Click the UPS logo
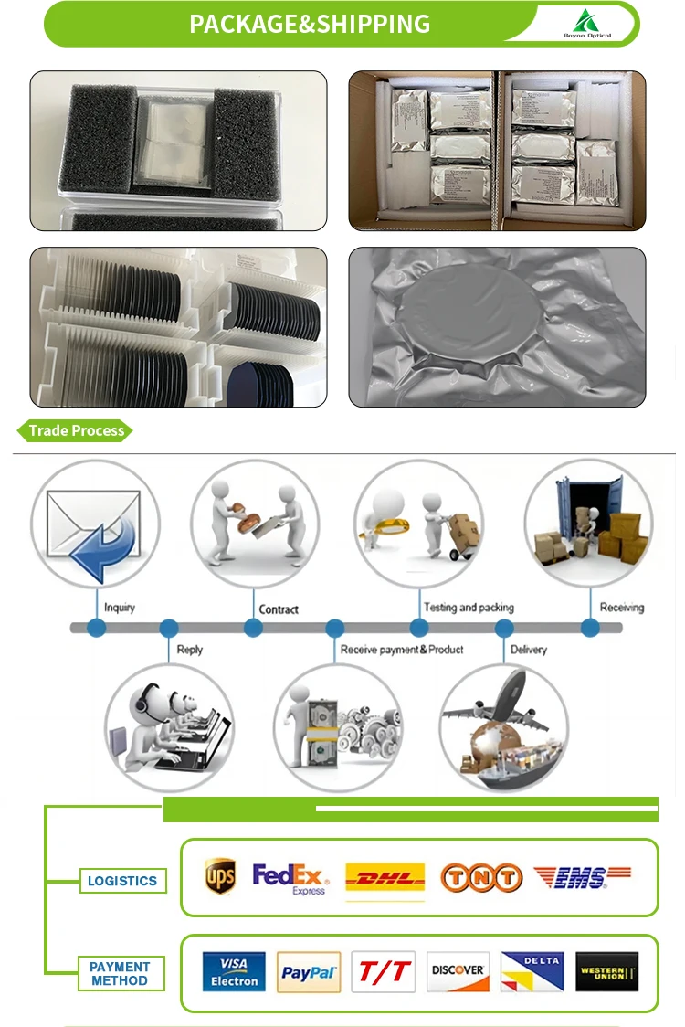coord(220,877)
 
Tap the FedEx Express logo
coord(290,878)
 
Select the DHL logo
coord(385,878)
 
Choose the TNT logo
coord(481,878)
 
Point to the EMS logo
coord(582,878)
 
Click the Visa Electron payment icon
coord(233,972)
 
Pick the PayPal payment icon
coord(309,972)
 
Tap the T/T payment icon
coord(384,972)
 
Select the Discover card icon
coord(458,972)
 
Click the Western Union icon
coord(607,972)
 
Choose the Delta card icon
coord(532,972)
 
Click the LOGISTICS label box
coord(122,881)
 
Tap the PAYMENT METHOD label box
coord(120,973)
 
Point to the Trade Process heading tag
coord(76,430)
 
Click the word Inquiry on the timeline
coord(120,608)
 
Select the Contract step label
coord(279,609)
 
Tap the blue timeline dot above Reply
coord(169,629)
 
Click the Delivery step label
coord(528,650)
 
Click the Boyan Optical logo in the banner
coord(586,24)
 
